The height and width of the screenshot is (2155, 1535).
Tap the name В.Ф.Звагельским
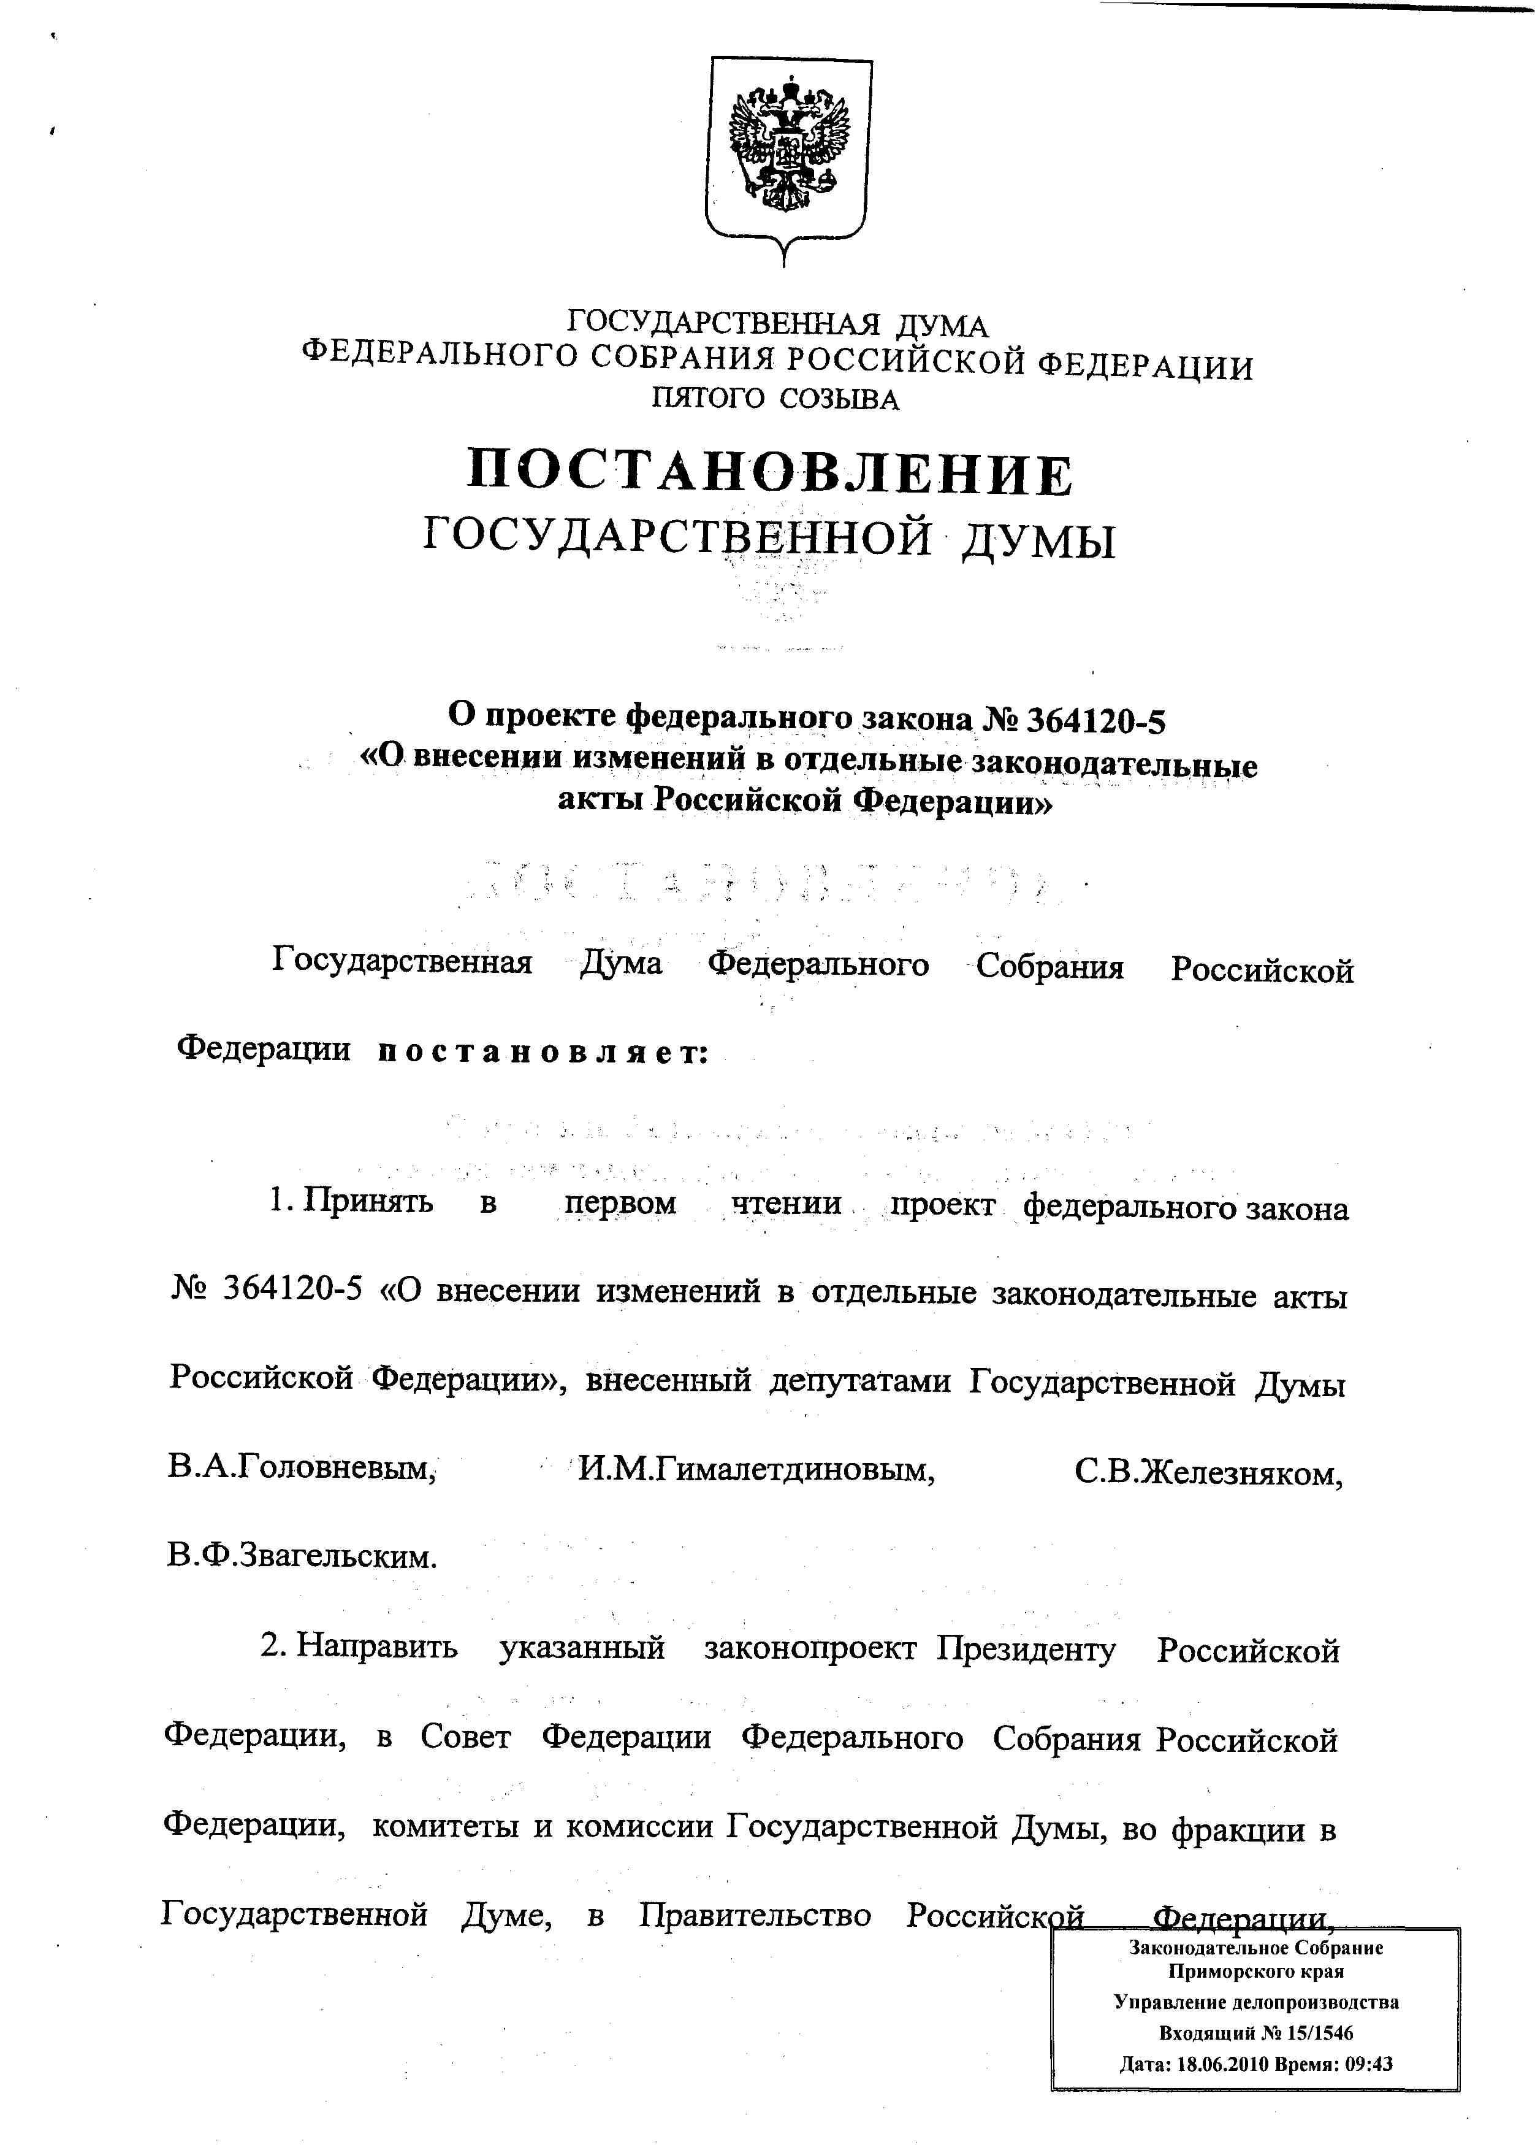(302, 1554)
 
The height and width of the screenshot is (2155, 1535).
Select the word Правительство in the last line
(754, 1915)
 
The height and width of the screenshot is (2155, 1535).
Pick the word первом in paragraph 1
(620, 1204)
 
